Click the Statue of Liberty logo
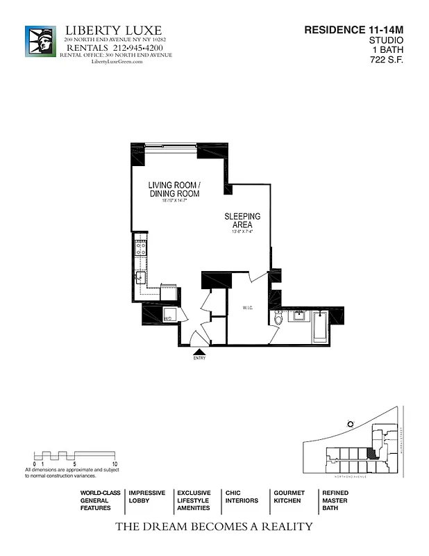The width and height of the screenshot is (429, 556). [x=40, y=41]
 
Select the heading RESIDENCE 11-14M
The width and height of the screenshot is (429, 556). [x=354, y=30]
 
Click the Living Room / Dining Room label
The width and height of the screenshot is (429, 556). [x=174, y=189]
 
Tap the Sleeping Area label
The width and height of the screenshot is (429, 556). [x=242, y=221]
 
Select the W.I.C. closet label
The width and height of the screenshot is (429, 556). [x=246, y=306]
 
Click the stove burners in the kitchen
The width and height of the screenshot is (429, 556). [x=140, y=250]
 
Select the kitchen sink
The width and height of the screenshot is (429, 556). [x=140, y=277]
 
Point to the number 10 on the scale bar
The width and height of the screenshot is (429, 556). [x=115, y=463]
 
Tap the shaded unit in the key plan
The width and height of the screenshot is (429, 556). [x=372, y=453]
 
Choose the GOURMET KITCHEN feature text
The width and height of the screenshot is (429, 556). [x=289, y=496]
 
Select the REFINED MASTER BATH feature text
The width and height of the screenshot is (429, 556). [x=335, y=500]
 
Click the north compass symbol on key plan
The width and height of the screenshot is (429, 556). [x=351, y=423]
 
